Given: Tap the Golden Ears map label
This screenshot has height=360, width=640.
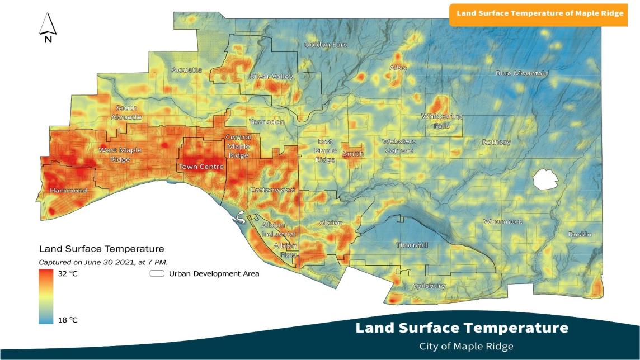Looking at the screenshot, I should click(x=326, y=45).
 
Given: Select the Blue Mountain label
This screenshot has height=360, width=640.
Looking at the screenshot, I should click(x=522, y=73).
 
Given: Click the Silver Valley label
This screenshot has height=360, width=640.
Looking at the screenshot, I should click(x=271, y=77).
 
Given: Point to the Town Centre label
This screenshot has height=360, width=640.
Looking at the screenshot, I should click(x=201, y=167).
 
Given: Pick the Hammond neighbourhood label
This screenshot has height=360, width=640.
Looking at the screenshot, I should click(x=69, y=191).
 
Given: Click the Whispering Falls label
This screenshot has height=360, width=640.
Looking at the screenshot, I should click(x=441, y=121).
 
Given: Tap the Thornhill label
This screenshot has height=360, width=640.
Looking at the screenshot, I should click(x=412, y=245).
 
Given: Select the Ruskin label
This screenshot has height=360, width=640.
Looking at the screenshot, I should click(x=580, y=234).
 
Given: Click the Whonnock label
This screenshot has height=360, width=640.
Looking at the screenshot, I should click(x=503, y=221).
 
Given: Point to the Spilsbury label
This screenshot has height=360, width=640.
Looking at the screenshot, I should click(x=429, y=286).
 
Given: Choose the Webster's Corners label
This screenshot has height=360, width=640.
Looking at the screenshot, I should click(x=398, y=146).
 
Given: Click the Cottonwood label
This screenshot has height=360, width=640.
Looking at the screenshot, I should click(x=272, y=190).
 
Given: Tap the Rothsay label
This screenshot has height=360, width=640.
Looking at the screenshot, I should click(x=496, y=142).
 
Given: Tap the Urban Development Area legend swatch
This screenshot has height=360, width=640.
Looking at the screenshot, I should click(x=157, y=274).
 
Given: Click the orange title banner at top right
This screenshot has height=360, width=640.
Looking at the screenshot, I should click(x=539, y=13).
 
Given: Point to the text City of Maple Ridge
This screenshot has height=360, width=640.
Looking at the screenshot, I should click(x=465, y=347).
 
